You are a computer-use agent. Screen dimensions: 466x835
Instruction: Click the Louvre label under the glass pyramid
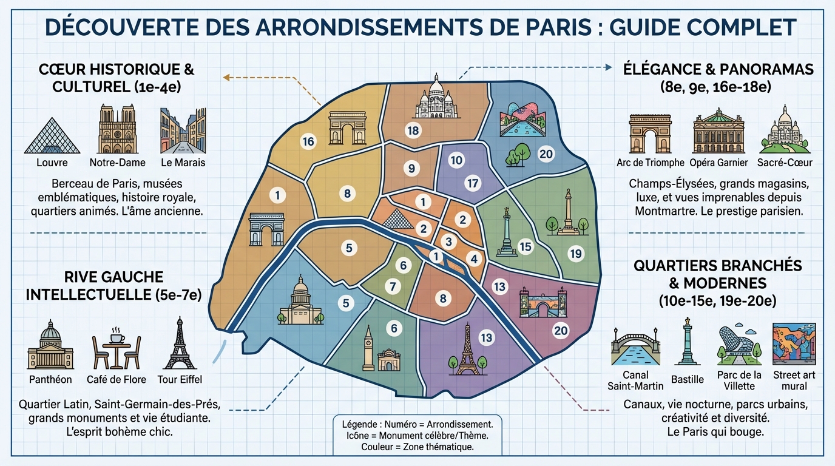52,163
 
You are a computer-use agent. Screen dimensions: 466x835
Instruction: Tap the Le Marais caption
183,163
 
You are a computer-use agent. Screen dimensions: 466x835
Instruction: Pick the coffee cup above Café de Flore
115,336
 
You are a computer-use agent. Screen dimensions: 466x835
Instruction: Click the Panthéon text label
50,379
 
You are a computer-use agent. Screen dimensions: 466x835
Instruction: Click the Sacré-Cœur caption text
785,163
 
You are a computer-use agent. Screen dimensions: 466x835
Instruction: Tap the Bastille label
688,379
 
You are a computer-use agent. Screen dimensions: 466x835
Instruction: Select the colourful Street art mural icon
794,344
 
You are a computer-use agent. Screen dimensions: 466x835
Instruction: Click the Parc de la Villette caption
739,380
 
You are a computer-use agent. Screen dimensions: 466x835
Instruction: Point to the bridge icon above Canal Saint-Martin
635,348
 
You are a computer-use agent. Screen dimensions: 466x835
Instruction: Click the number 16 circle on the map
308,141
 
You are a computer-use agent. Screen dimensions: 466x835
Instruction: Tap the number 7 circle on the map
393,286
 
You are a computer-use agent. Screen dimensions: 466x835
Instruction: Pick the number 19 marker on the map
576,254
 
